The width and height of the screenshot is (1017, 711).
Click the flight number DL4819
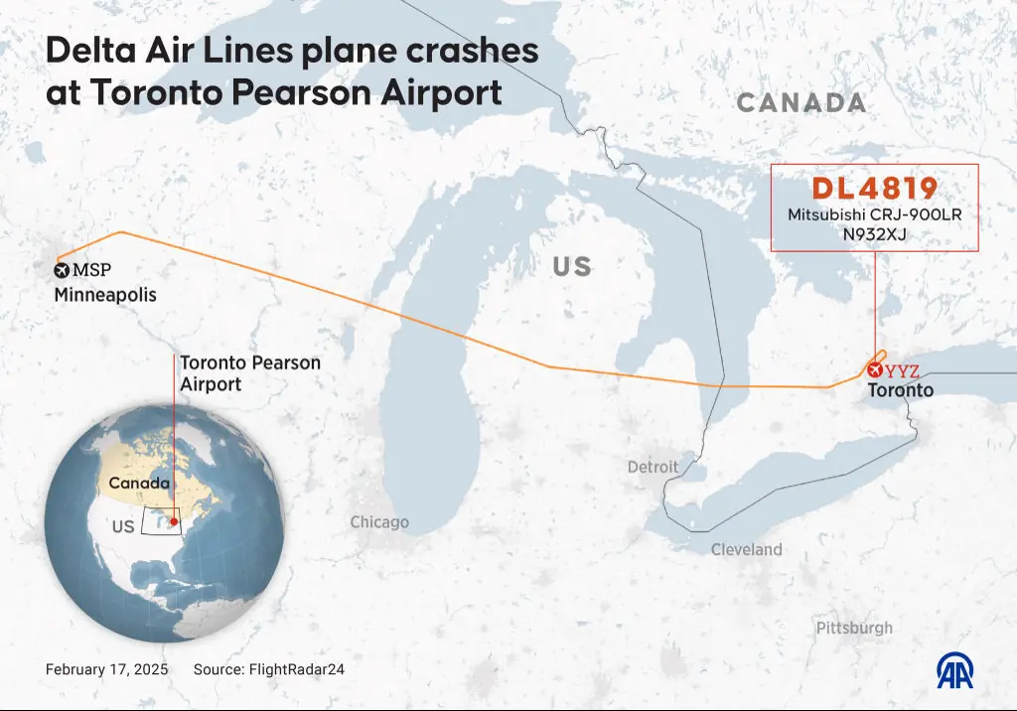tap(875, 189)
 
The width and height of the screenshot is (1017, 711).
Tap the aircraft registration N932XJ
tap(875, 234)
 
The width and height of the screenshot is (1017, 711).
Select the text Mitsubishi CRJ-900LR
tap(875, 214)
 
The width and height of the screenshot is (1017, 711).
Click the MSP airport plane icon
tap(61, 269)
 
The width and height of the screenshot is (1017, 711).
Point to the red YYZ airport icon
tap(874, 370)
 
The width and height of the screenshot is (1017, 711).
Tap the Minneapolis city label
tap(105, 295)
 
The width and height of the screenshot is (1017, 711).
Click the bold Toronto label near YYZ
tap(901, 390)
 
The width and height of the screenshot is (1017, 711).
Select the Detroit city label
tap(653, 467)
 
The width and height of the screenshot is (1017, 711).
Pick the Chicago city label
tap(379, 522)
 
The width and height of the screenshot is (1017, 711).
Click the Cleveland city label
tap(746, 549)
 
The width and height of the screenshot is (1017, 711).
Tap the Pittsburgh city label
tap(854, 628)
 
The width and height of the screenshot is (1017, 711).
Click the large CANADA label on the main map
tap(801, 102)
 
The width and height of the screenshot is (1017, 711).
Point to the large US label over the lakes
tap(571, 266)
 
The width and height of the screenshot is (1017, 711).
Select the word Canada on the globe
tap(138, 483)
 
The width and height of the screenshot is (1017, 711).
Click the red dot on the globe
tap(174, 521)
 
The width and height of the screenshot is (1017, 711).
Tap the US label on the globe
tap(122, 527)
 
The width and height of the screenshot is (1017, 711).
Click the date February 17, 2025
tap(106, 669)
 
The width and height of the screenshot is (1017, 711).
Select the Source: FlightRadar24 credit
tap(268, 669)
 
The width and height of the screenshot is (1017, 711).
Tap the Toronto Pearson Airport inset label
tap(250, 372)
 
